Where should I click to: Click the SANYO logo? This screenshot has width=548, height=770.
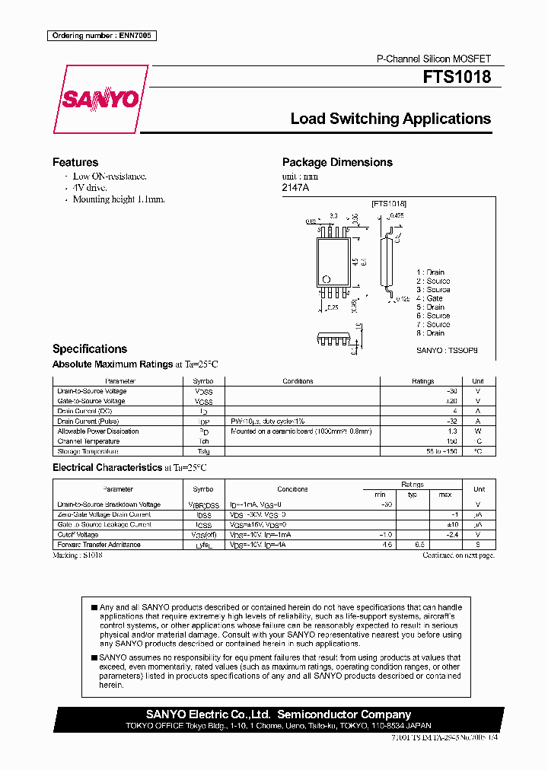100,100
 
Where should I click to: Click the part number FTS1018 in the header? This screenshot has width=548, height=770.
457,78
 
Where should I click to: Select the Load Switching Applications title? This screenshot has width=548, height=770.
390,119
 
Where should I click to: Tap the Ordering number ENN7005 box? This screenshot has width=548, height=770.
101,36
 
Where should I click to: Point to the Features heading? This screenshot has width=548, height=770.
75,162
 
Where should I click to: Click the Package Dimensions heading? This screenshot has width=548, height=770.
337,162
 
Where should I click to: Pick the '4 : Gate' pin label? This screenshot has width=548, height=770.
429,298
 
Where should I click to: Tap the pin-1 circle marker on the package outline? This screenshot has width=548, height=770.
327,278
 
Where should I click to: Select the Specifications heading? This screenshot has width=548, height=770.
90,348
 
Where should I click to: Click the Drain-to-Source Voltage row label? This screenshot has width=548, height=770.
92,391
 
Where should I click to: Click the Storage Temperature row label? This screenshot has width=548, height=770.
88,451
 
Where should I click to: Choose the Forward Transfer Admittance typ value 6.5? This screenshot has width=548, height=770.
418,545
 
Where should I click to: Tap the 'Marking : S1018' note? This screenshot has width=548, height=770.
78,555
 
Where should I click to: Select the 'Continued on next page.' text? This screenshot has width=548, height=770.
458,555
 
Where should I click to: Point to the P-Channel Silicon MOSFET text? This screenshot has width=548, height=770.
434,59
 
